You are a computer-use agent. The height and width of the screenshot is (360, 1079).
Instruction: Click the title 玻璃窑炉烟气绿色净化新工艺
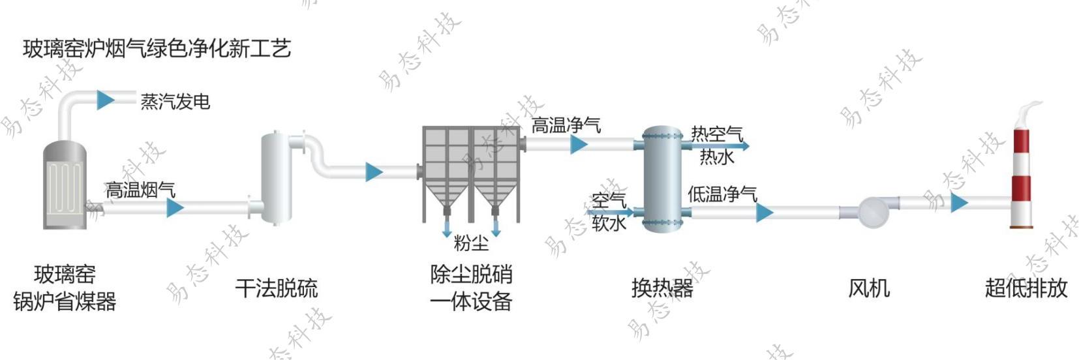(157, 49)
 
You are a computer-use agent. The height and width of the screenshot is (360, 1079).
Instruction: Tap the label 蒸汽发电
(175, 102)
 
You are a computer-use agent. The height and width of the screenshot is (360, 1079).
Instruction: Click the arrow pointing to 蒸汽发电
(105, 100)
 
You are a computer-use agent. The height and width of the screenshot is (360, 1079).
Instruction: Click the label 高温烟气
(140, 190)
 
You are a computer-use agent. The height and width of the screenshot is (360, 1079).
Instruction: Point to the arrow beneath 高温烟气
(175, 208)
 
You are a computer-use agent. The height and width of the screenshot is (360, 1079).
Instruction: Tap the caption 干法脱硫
(277, 288)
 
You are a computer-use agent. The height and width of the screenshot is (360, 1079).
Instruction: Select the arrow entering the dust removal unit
(374, 172)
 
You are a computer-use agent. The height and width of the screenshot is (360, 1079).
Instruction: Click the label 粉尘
(471, 244)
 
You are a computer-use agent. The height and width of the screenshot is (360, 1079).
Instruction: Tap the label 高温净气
(566, 125)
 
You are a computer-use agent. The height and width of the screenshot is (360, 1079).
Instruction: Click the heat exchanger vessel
(662, 179)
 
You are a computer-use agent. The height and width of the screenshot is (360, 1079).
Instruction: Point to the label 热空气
(717, 134)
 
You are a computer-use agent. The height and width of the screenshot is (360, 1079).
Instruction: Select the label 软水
(609, 224)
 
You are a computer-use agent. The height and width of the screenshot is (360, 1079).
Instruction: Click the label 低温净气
(722, 194)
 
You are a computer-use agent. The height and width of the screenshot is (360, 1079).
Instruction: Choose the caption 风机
(869, 288)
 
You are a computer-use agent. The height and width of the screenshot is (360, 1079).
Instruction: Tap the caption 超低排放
(1026, 288)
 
